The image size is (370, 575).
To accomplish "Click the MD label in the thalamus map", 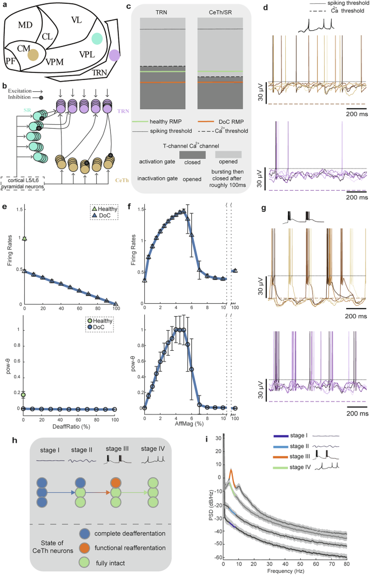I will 25,25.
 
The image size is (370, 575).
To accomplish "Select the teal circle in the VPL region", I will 97,38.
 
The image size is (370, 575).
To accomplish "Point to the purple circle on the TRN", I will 115,55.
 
